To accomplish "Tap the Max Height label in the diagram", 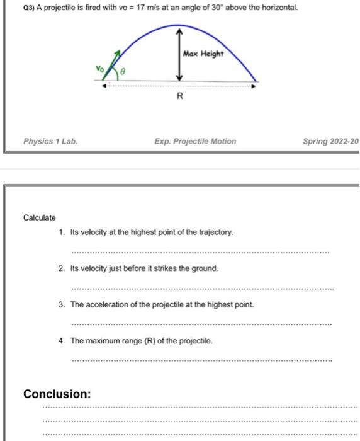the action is [x=203, y=54].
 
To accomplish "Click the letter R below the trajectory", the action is [x=179, y=96].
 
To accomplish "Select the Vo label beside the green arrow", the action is [x=99, y=66].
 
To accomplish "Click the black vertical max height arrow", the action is [x=179, y=54].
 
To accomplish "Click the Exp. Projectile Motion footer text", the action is [x=195, y=141].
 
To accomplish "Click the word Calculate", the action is [x=40, y=217].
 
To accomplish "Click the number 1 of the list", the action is [x=61, y=232].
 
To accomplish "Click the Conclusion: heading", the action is [x=57, y=394].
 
